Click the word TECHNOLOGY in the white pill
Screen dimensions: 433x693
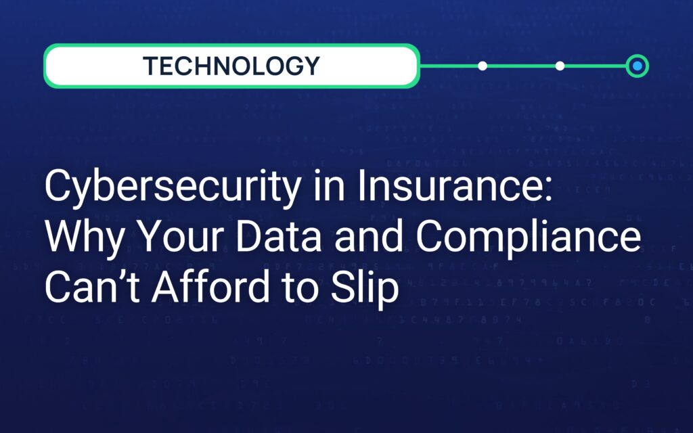(231, 66)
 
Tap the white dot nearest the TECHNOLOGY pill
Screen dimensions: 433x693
(483, 66)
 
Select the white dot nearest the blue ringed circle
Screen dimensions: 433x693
(560, 66)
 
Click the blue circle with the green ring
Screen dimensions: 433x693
(637, 66)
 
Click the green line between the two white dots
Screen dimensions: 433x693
(521, 66)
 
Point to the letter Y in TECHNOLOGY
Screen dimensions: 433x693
(311, 66)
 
